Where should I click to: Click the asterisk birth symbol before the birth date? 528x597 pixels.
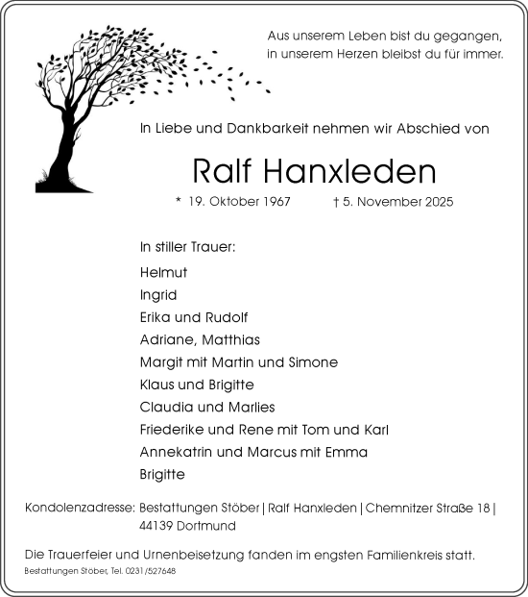point(178,201)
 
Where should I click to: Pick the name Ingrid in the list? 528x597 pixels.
point(158,294)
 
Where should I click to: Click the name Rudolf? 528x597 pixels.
point(227,316)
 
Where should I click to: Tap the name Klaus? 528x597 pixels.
point(156,385)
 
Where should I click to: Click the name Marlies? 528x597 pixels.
point(250,407)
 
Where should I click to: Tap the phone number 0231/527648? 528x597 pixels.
point(148,571)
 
